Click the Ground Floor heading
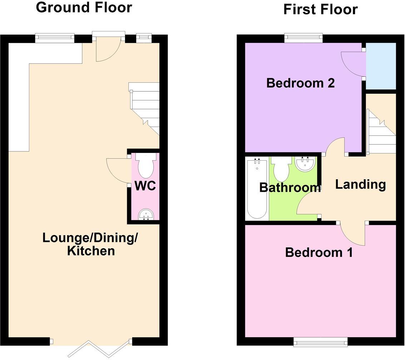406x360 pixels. tap(84, 7)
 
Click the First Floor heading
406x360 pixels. tap(320, 9)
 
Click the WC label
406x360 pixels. tap(145, 186)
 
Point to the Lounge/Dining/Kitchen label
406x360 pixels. tap(90, 244)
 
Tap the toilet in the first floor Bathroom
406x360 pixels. tap(281, 170)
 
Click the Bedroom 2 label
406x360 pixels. tap(300, 83)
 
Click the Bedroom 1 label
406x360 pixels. tap(319, 252)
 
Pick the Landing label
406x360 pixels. tap(360, 184)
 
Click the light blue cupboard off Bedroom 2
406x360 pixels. tap(381, 66)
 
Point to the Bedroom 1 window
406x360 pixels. tap(320, 342)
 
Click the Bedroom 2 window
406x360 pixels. tap(303, 37)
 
